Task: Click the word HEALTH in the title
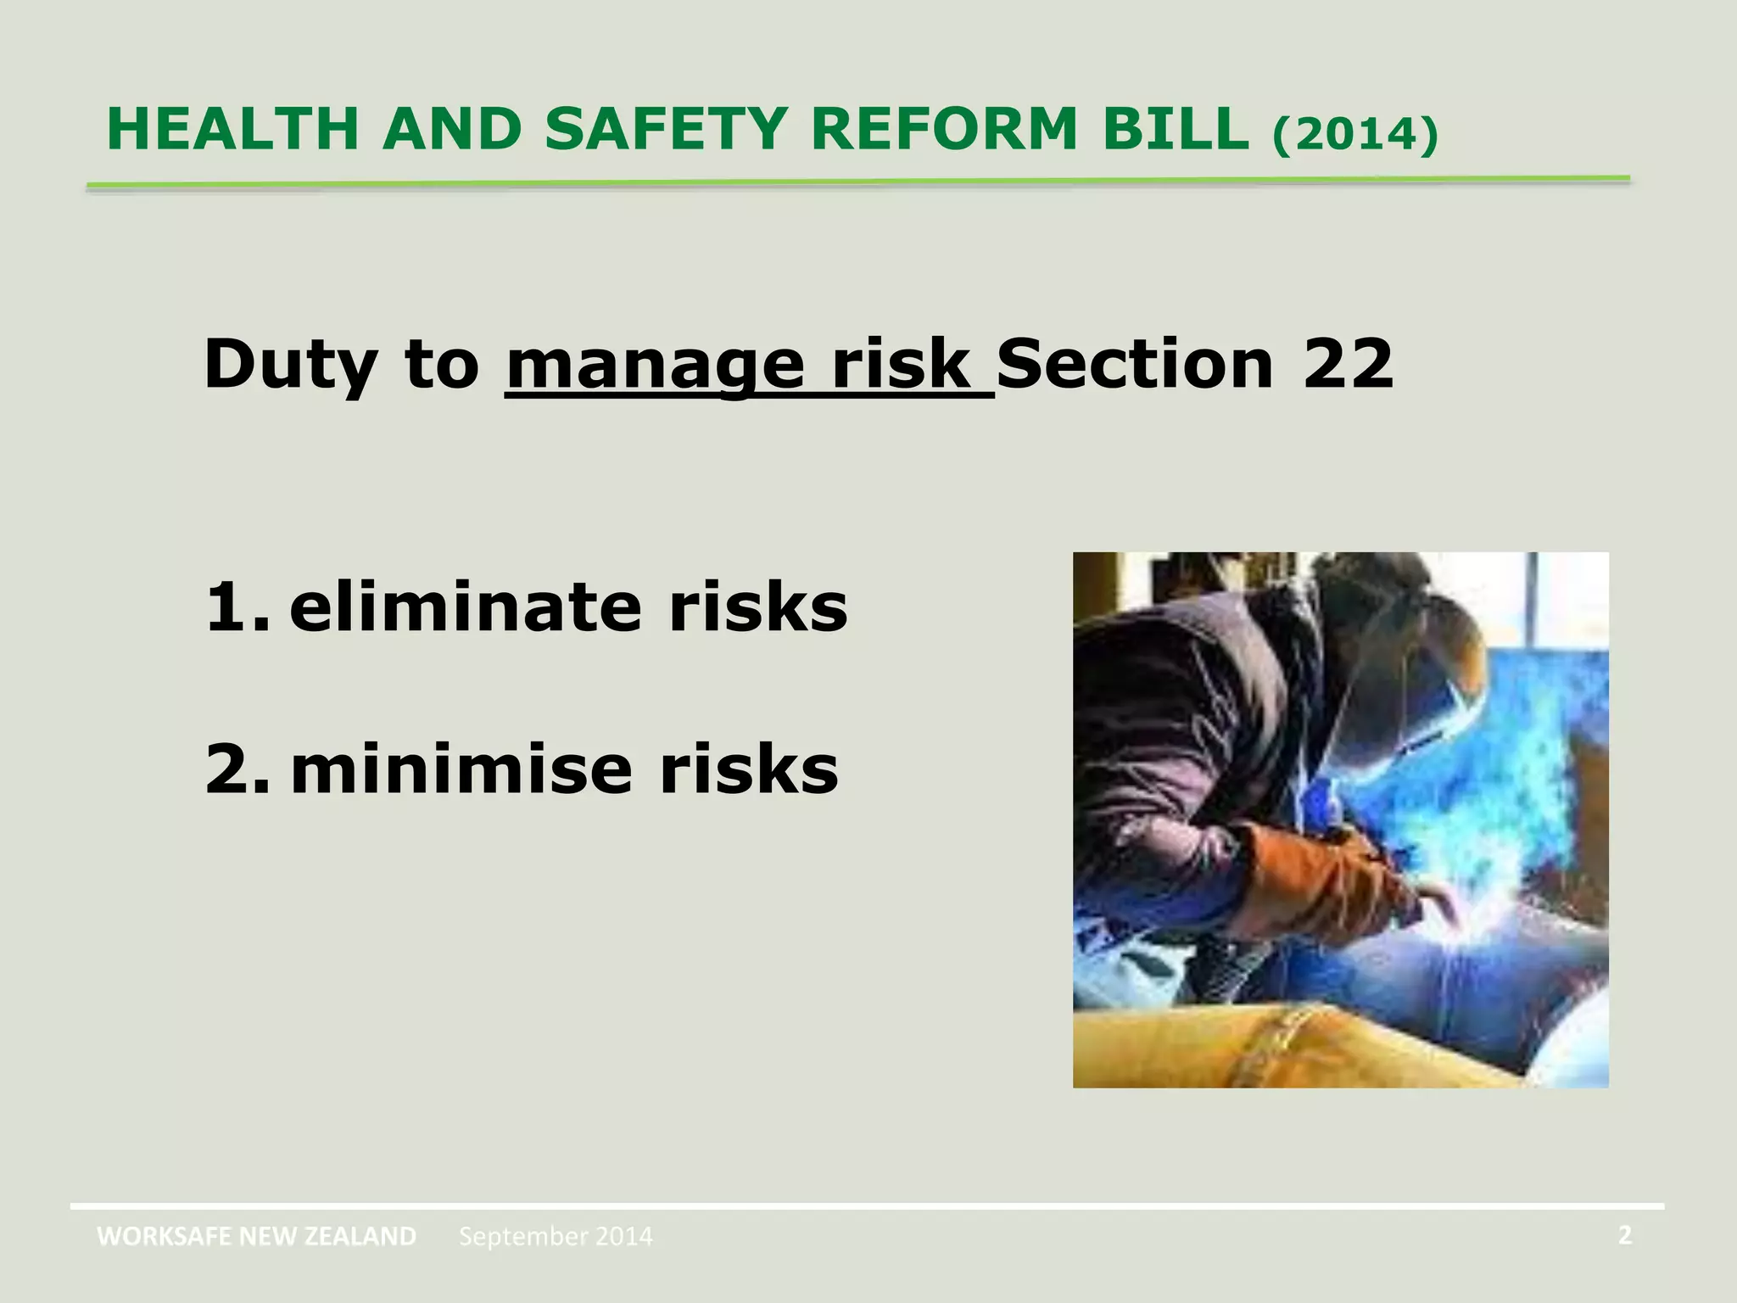(x=232, y=130)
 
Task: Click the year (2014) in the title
(x=1354, y=134)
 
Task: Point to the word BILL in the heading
(x=1175, y=130)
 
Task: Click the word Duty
(x=289, y=365)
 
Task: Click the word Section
(x=1135, y=365)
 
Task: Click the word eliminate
(x=465, y=607)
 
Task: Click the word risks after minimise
(x=749, y=769)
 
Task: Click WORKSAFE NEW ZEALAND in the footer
(x=256, y=1237)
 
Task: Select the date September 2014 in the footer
(x=556, y=1237)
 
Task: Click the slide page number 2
(x=1624, y=1235)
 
